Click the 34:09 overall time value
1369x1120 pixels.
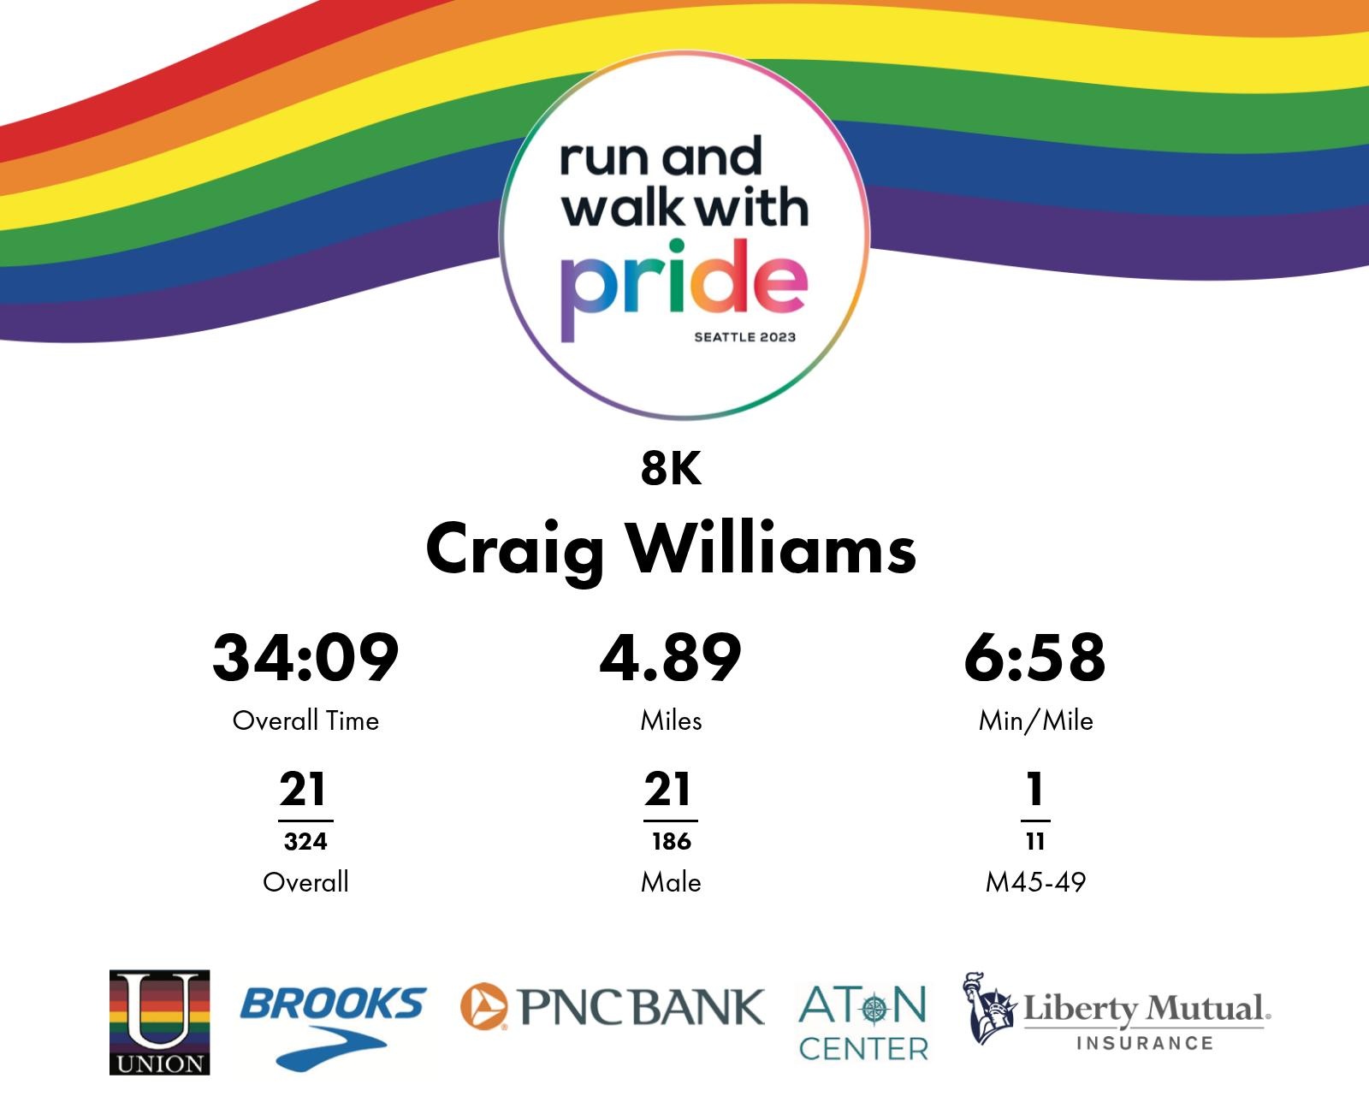coord(305,658)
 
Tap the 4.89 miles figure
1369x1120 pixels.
coord(671,658)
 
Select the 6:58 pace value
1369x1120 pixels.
coord(1034,658)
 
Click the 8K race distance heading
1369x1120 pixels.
coord(671,468)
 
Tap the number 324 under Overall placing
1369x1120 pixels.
coord(305,841)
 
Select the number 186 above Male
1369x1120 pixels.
coord(671,841)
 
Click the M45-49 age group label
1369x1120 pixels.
coord(1035,882)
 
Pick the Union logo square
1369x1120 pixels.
coord(160,1022)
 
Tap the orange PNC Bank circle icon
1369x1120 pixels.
coord(483,1006)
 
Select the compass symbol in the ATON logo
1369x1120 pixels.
coord(874,1008)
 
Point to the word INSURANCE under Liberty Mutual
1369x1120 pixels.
coord(1145,1043)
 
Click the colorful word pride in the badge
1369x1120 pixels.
coord(684,289)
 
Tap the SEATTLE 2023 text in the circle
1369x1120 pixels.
coord(745,337)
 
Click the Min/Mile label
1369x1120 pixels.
coord(1035,720)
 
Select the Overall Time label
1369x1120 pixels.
coord(305,720)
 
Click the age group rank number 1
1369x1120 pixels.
coord(1035,789)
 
